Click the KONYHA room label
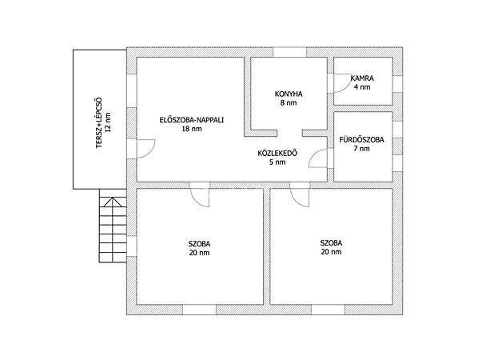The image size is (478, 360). point(289,94)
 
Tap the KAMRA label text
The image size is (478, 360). point(362,78)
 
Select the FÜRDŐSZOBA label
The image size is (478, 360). point(362,140)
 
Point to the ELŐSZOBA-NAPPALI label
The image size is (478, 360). point(192,120)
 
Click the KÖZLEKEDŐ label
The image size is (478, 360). point(277,153)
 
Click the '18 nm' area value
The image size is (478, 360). point(192,129)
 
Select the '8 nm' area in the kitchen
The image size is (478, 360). point(289,103)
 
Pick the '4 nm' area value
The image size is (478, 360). point(362,87)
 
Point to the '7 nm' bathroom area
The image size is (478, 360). point(362,149)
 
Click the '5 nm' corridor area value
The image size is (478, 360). point(277,162)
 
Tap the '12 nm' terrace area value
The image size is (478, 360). point(108,122)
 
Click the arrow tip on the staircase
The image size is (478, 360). point(113,198)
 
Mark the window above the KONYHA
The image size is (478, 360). point(289,52)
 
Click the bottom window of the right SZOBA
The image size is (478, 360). point(329,310)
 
